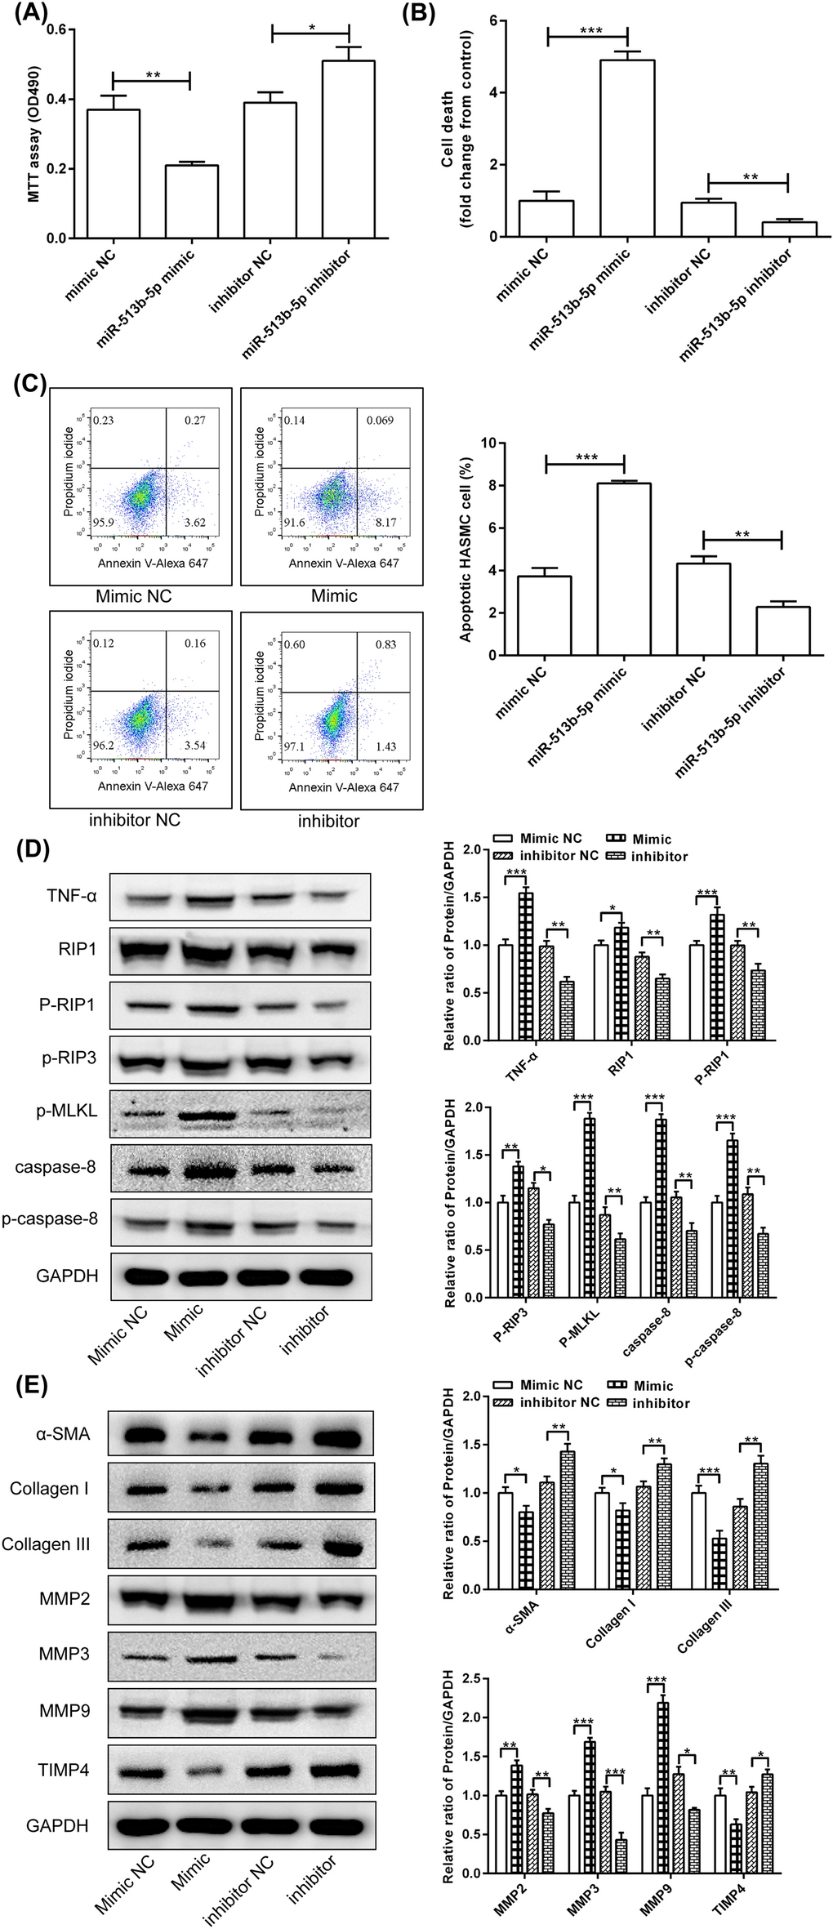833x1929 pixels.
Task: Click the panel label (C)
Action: [x=33, y=385]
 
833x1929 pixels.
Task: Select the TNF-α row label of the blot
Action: [x=73, y=896]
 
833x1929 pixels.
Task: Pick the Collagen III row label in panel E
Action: [x=46, y=1544]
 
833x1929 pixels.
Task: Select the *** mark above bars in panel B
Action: [x=590, y=31]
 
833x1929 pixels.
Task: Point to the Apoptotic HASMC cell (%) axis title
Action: [x=466, y=549]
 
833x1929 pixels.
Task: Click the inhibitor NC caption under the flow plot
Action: [x=134, y=820]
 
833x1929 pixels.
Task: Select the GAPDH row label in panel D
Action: [x=67, y=1276]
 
